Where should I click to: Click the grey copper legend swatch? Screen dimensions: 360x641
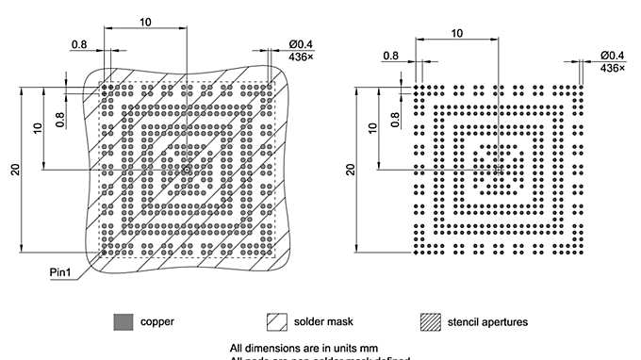(x=123, y=321)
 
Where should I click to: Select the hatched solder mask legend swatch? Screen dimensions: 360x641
(x=278, y=321)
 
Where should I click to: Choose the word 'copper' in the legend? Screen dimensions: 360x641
(x=156, y=322)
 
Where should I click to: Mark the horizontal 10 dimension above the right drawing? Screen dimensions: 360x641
(x=457, y=33)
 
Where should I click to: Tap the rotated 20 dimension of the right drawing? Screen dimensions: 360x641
(x=351, y=170)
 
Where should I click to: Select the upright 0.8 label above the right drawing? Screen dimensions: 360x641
(x=391, y=56)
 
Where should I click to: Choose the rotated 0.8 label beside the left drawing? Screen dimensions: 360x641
(x=60, y=119)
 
